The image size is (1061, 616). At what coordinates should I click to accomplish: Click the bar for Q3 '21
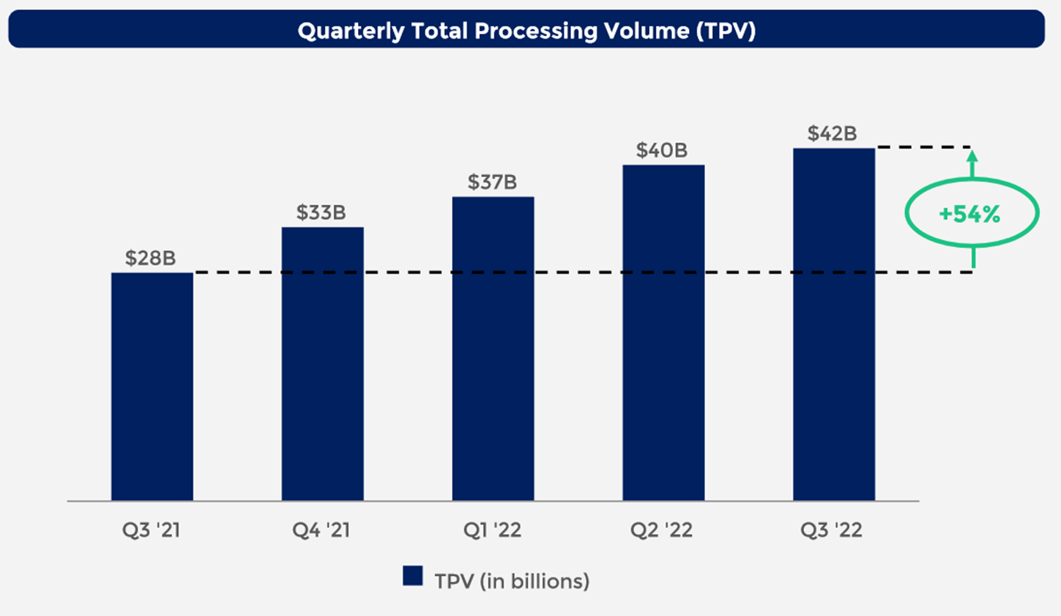152,386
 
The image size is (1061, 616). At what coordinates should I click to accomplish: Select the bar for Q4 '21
322,363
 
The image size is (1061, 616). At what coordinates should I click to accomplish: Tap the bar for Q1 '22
493,348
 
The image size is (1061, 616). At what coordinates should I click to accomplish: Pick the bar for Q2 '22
663,333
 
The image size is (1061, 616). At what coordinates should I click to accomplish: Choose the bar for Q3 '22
833,324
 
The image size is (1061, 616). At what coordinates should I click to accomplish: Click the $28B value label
150,258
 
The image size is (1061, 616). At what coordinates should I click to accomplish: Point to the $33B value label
321,212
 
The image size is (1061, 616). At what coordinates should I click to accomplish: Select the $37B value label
492,182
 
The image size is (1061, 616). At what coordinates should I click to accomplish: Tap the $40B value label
661,150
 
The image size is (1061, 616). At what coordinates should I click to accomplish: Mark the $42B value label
832,133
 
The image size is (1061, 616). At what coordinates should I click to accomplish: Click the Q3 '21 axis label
151,530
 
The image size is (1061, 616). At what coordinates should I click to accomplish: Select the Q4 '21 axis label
321,530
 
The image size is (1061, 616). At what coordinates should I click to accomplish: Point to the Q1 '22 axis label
492,530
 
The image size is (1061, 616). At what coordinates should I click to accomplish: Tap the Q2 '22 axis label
661,530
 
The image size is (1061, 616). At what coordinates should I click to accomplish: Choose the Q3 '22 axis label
831,530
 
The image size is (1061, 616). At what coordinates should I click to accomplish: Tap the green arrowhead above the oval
972,155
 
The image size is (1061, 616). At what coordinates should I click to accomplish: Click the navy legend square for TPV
413,576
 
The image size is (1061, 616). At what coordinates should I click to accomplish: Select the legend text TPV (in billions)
512,582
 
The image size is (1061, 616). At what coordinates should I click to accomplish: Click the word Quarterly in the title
351,31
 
